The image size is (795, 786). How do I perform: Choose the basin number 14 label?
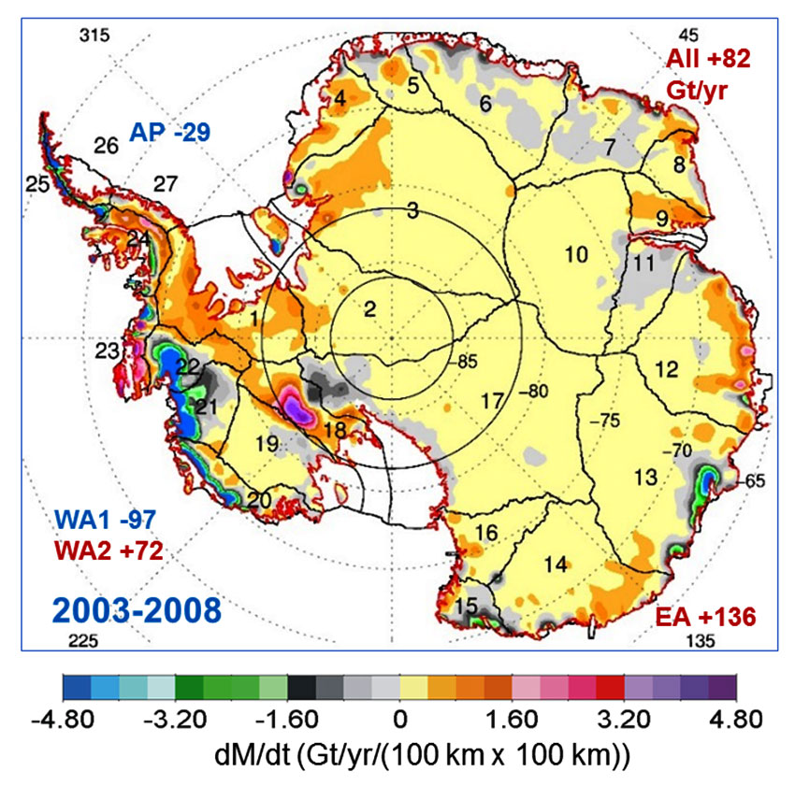point(556,564)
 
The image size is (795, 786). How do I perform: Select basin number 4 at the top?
point(340,97)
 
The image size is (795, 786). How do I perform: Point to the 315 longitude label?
point(94,36)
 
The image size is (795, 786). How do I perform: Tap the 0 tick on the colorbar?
point(399,721)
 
